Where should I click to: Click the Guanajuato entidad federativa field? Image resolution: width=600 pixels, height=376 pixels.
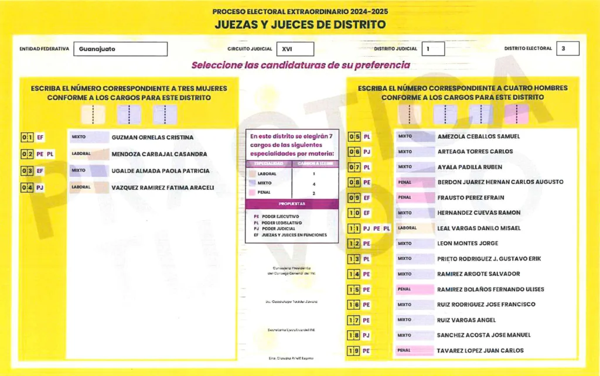pos(120,49)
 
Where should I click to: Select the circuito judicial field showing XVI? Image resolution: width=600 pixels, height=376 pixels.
pos(295,49)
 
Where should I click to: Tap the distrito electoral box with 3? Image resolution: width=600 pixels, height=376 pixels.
pos(568,49)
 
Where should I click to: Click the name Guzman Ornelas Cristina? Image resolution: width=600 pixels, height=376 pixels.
pos(152,138)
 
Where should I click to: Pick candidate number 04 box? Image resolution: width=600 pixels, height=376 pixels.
pos(26,188)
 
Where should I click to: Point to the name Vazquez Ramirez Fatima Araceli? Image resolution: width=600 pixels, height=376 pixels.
pos(162,188)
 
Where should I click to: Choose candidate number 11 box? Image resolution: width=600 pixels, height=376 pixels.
pos(354,228)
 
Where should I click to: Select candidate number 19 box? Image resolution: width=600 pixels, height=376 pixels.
pos(354,351)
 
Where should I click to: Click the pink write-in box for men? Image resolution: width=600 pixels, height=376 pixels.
pos(516,114)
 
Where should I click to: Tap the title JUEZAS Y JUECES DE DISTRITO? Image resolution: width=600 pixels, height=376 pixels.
pos(299,25)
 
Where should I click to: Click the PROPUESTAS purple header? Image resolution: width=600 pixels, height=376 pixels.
pos(292,204)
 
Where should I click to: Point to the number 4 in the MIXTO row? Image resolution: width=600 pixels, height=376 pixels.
pos(314,184)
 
